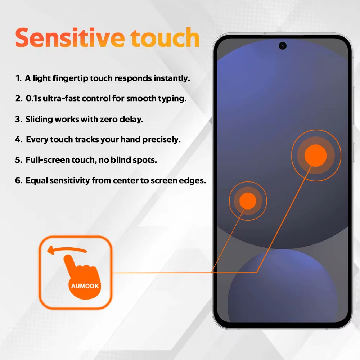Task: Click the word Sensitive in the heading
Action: click(x=70, y=38)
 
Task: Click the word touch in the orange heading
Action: click(x=165, y=38)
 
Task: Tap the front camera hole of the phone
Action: click(x=282, y=46)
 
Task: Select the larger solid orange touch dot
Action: click(x=316, y=156)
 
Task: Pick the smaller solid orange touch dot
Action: click(x=248, y=201)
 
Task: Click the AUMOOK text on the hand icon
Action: click(x=85, y=286)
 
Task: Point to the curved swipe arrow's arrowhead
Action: click(x=50, y=250)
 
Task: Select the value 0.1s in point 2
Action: click(x=33, y=99)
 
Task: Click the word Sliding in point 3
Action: click(x=39, y=120)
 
